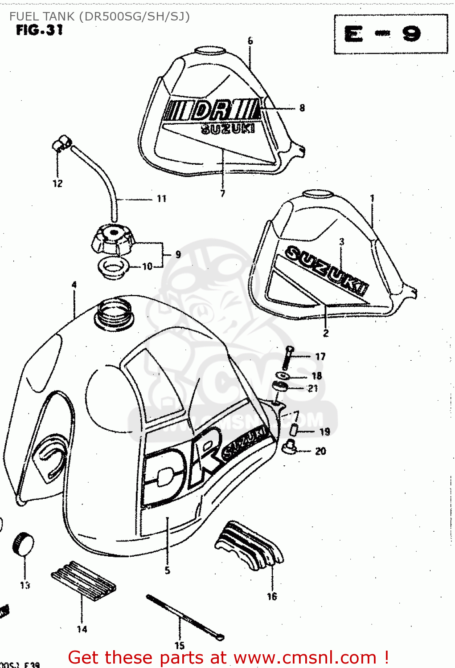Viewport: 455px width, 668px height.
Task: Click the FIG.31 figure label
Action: tap(39, 30)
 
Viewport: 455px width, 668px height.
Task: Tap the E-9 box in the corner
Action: tap(390, 34)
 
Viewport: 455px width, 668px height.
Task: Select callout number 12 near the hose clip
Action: tap(57, 183)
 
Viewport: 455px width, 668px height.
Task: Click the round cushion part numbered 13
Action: tap(23, 544)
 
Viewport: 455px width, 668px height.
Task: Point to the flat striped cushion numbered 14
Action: tap(83, 580)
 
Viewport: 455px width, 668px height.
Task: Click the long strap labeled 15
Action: tap(184, 617)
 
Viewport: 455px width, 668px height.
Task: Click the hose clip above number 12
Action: tap(61, 143)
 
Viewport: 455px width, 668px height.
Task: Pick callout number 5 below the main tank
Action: tap(167, 570)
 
